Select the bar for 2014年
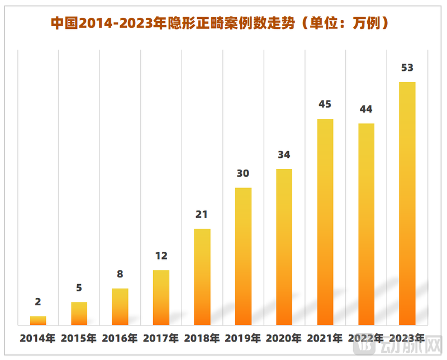click(x=38, y=320)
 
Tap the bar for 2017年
click(x=161, y=297)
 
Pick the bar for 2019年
click(x=243, y=256)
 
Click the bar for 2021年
click(x=325, y=222)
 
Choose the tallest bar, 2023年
click(x=407, y=204)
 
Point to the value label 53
click(x=407, y=68)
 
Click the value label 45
click(x=325, y=104)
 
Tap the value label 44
click(x=366, y=109)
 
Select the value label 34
click(x=284, y=155)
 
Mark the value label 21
click(x=202, y=214)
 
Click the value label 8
click(x=120, y=274)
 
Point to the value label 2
click(x=38, y=302)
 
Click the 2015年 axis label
click(x=79, y=338)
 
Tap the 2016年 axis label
click(x=120, y=338)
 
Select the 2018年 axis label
click(x=202, y=338)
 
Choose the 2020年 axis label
click(x=284, y=338)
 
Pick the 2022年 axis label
click(x=366, y=338)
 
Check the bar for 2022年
click(x=366, y=224)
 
